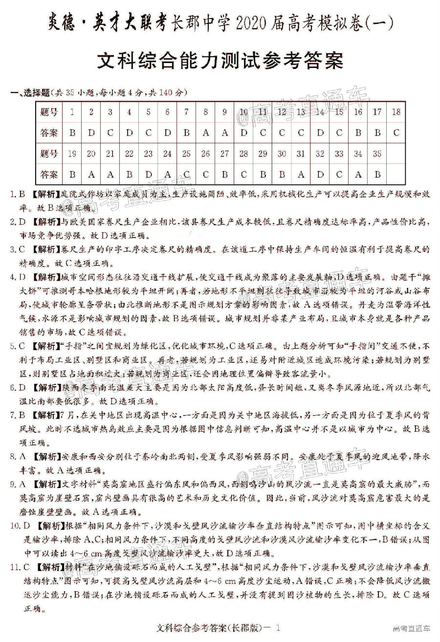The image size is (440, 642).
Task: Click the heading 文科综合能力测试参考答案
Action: pyautogui.click(x=220, y=62)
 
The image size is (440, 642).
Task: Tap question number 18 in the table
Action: pyautogui.click(x=396, y=112)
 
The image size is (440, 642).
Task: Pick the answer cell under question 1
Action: pyautogui.click(x=72, y=133)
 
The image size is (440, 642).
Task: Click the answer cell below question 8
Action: pyautogui.click(x=205, y=133)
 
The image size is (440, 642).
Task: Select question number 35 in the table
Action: pyautogui.click(x=377, y=154)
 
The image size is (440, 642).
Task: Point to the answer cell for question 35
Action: pyautogui.click(x=377, y=175)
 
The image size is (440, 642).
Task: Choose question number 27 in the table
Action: pyautogui.click(x=224, y=154)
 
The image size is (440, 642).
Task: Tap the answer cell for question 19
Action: pyautogui.click(x=72, y=175)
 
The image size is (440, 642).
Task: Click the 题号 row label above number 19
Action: pyautogui.click(x=49, y=154)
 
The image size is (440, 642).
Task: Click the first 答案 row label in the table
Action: pyautogui.click(x=49, y=133)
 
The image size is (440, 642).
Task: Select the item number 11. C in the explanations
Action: pyautogui.click(x=20, y=568)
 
